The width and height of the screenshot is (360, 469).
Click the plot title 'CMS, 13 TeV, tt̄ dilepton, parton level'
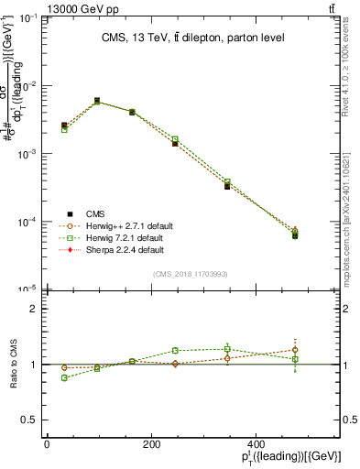tap(191, 38)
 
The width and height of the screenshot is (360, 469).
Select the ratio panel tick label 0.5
tap(28, 420)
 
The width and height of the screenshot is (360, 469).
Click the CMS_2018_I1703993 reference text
tap(191, 274)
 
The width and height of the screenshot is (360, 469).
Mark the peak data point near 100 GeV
tap(97, 101)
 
